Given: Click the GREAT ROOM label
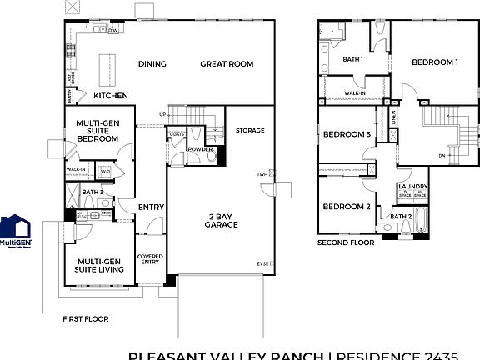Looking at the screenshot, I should pos(227,64).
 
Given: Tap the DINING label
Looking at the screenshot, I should pos(152,64).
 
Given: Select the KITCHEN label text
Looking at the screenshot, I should pos(111,96).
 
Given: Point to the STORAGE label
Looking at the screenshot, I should pos(249,131).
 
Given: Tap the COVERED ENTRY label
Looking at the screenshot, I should pos(150,260).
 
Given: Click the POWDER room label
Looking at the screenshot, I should pos(199,149).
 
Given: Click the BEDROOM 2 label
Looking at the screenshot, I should pos(347,207).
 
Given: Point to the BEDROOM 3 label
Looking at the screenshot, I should pos(347,134).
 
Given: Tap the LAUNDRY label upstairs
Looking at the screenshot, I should pos(413,187).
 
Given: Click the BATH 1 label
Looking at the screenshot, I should pos(353,59).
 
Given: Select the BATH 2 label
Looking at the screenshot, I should pos(401,217).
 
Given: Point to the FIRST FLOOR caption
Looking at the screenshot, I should pos(87,319).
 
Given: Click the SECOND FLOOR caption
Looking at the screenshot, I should pos(346,242).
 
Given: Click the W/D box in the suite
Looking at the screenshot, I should pos(105,172).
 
